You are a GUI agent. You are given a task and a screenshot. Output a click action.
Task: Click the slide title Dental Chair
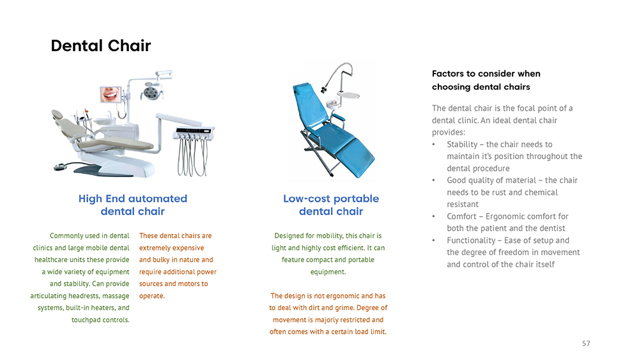101,45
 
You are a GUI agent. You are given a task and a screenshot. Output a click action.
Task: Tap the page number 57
586,343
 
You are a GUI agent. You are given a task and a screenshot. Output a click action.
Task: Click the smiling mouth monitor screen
111,94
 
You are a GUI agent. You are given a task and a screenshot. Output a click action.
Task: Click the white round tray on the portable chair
348,95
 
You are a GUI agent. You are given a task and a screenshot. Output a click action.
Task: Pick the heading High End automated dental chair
133,205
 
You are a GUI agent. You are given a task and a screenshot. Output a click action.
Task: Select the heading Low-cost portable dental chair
331,205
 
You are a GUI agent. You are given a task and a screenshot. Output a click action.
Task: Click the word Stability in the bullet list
462,145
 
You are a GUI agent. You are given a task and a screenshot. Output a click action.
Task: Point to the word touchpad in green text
86,320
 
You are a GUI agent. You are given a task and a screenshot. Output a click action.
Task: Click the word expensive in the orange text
188,248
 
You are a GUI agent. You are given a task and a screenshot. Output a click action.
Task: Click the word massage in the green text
116,296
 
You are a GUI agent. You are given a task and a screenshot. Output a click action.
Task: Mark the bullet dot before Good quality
434,180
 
